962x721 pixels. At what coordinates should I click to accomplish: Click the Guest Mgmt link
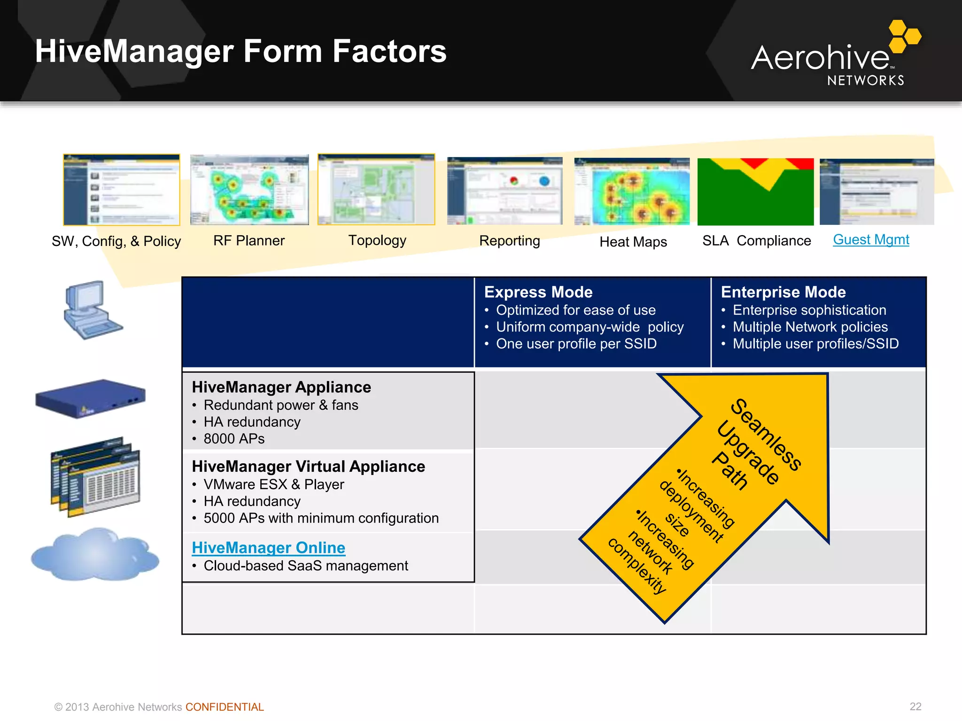[871, 240]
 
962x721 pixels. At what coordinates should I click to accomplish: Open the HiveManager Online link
[268, 548]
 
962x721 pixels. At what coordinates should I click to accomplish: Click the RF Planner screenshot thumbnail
[249, 190]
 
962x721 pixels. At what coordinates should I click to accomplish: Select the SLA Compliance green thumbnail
[755, 192]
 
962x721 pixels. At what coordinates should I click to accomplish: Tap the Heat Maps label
[633, 242]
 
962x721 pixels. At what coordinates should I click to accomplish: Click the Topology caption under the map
[377, 240]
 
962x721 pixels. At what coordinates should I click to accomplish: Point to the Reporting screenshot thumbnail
[504, 191]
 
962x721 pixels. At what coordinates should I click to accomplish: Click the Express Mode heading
[538, 292]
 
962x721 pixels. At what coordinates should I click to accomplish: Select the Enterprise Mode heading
[783, 292]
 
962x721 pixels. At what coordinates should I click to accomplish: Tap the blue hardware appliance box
[91, 398]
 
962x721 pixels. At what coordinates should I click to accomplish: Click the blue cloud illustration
[95, 555]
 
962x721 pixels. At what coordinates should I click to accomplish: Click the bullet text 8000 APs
[234, 439]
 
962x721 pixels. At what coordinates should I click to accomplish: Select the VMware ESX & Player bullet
[273, 484]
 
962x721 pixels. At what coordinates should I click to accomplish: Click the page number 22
[915, 706]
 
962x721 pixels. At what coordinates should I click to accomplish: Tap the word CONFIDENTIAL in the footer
[225, 707]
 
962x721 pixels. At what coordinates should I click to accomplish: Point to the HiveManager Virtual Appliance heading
[308, 467]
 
